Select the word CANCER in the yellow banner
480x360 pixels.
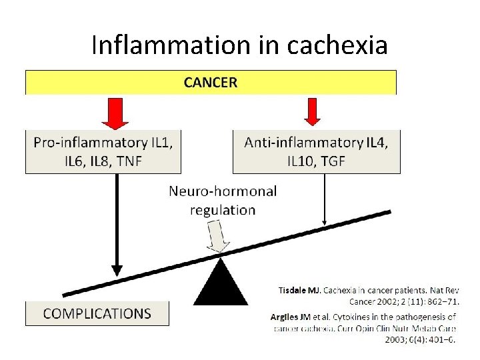click(210, 83)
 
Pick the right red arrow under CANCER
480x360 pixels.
click(312, 111)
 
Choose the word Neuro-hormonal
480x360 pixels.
click(223, 191)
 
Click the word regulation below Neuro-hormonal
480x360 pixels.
click(223, 210)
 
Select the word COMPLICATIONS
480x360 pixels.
click(97, 313)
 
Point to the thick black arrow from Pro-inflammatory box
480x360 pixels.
click(117, 227)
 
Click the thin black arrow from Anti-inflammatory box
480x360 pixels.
click(325, 200)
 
